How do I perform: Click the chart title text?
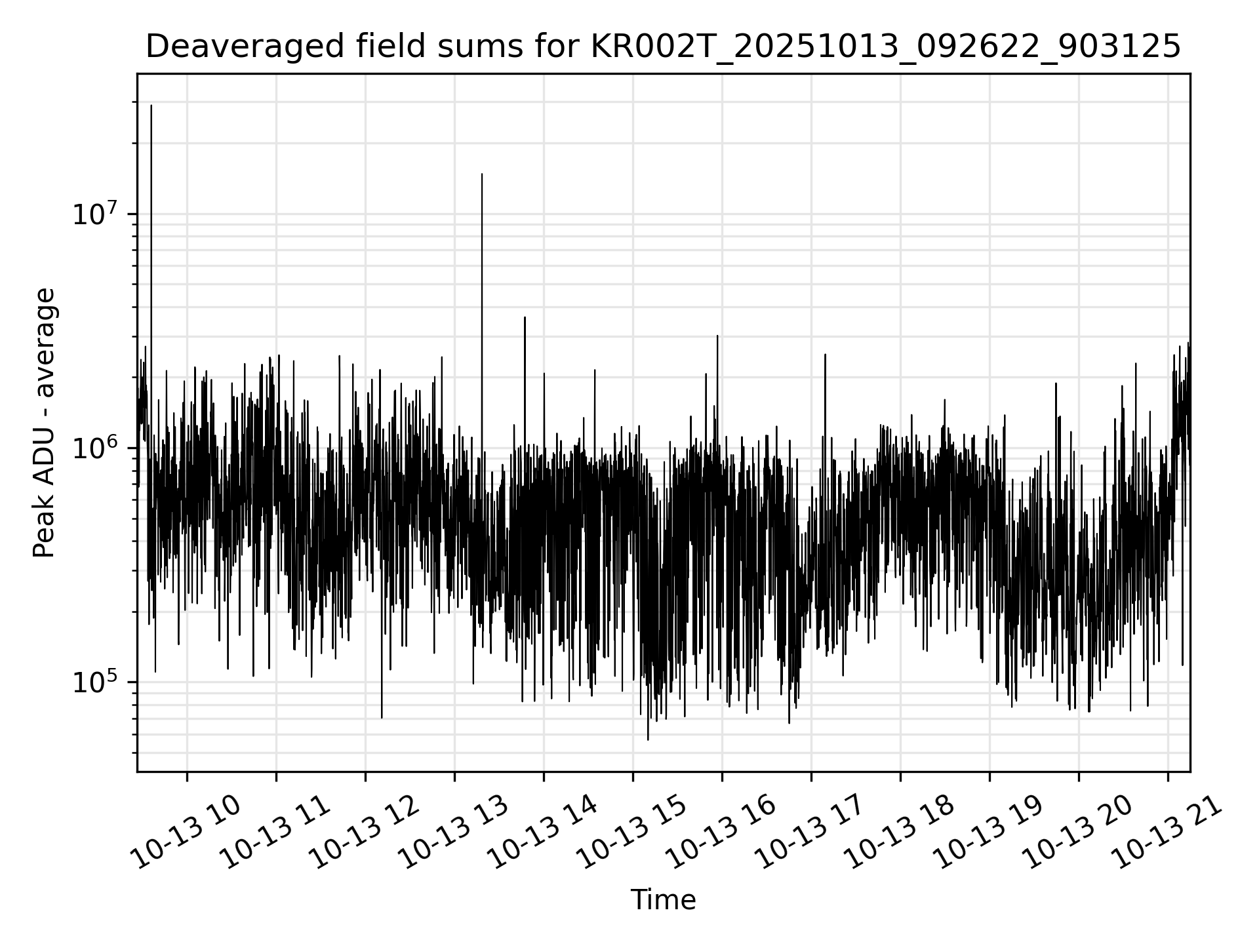663,47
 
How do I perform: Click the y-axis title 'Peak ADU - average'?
45,423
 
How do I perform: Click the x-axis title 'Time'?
663,900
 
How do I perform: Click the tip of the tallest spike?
151,105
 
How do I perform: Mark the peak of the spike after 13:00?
482,174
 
